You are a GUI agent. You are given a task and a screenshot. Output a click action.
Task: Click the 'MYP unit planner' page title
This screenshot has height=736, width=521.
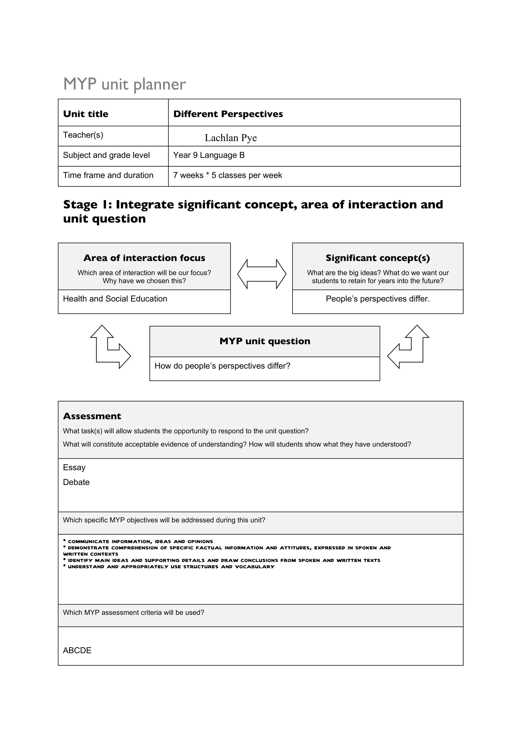(125, 84)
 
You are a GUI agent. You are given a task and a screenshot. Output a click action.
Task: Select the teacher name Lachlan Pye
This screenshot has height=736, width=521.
(230, 138)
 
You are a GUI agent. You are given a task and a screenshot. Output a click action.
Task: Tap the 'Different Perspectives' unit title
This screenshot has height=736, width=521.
(228, 114)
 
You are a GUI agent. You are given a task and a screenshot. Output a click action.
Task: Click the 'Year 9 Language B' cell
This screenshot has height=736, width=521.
(209, 155)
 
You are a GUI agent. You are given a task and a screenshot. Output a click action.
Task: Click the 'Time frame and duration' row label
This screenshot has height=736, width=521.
(108, 175)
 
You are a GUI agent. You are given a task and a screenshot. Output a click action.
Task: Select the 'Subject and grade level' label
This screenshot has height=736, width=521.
(106, 155)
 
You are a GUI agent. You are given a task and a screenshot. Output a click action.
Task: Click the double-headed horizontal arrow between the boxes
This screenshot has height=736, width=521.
(262, 274)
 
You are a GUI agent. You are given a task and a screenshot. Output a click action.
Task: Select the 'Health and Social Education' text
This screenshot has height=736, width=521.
(115, 299)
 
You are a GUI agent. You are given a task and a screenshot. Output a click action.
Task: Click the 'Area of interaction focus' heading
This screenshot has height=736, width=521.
(144, 258)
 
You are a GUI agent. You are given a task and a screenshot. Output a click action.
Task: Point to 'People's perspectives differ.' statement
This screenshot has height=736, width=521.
(378, 299)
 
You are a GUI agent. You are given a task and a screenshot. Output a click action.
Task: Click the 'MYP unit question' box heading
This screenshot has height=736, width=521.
(265, 341)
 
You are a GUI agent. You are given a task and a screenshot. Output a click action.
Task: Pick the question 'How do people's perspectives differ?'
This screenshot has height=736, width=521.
(222, 366)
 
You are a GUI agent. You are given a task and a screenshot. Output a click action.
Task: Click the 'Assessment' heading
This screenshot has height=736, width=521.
(92, 416)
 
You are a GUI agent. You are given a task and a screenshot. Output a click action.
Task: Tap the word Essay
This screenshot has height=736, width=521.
(74, 467)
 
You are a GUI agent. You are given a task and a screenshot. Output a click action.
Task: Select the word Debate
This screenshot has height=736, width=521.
(76, 482)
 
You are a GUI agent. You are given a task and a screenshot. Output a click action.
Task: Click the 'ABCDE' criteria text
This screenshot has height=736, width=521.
(77, 650)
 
